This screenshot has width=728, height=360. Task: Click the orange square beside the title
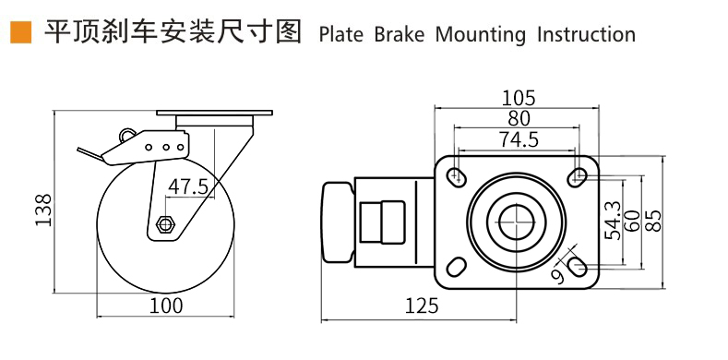(20, 32)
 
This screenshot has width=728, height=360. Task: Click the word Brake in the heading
(399, 35)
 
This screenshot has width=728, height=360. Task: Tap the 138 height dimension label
(44, 210)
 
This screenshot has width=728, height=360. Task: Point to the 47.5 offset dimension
(187, 186)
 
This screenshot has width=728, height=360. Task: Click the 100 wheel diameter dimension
(166, 306)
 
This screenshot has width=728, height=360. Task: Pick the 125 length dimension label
(422, 306)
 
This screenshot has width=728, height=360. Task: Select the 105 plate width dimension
(519, 98)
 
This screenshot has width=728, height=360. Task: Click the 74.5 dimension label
(519, 139)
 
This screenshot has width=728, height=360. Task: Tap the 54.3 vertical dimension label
(615, 221)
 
